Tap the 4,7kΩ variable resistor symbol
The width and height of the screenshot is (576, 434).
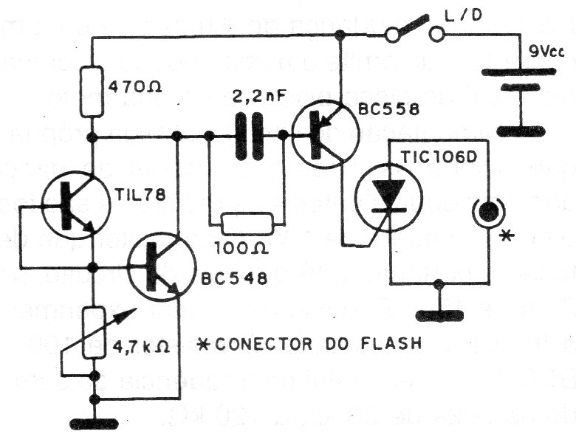pos(94,334)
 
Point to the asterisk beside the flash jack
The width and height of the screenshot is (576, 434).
pos(505,236)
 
